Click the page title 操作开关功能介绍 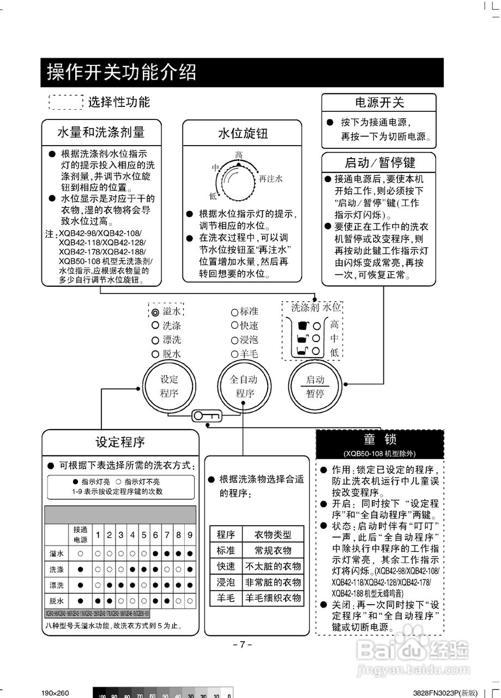click(x=122, y=72)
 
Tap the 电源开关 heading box click(x=379, y=103)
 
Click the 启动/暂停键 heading click(x=379, y=162)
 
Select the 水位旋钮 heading click(x=242, y=133)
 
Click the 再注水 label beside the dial click(x=270, y=178)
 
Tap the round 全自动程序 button click(x=243, y=387)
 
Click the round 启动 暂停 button click(x=315, y=387)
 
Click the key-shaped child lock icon click(x=206, y=417)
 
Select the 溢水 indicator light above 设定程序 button click(x=155, y=312)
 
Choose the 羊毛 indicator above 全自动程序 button click(x=234, y=354)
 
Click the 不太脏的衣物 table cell click(x=273, y=566)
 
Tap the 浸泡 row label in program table click(x=225, y=582)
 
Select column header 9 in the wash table click(x=190, y=534)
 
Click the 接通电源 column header click(x=80, y=534)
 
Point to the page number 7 click(x=243, y=644)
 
